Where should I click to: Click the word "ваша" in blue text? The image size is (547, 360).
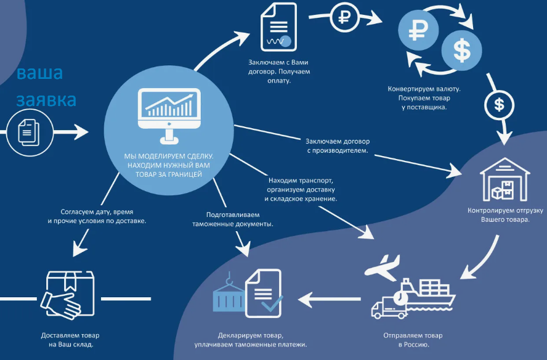click(40, 73)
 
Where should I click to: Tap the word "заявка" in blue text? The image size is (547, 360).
click(46, 100)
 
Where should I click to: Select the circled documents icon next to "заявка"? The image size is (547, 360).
click(30, 133)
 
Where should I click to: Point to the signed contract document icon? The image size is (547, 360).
click(278, 27)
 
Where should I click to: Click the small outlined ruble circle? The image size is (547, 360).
click(344, 17)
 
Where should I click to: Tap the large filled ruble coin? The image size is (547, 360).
click(418, 30)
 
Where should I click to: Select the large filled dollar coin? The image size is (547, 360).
click(461, 51)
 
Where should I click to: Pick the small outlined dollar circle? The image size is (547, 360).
click(499, 105)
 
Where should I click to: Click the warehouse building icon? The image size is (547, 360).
click(504, 179)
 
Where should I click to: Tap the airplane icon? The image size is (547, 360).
click(382, 268)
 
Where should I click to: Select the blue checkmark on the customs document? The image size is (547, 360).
click(272, 303)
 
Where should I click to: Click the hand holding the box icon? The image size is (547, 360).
click(68, 295)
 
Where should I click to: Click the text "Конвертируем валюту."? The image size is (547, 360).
click(424, 89)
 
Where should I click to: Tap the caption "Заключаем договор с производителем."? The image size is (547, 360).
click(338, 146)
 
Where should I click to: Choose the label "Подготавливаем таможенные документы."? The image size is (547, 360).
click(233, 219)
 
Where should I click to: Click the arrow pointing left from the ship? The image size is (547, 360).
click(330, 299)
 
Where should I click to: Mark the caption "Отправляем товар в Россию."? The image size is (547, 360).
click(413, 340)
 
